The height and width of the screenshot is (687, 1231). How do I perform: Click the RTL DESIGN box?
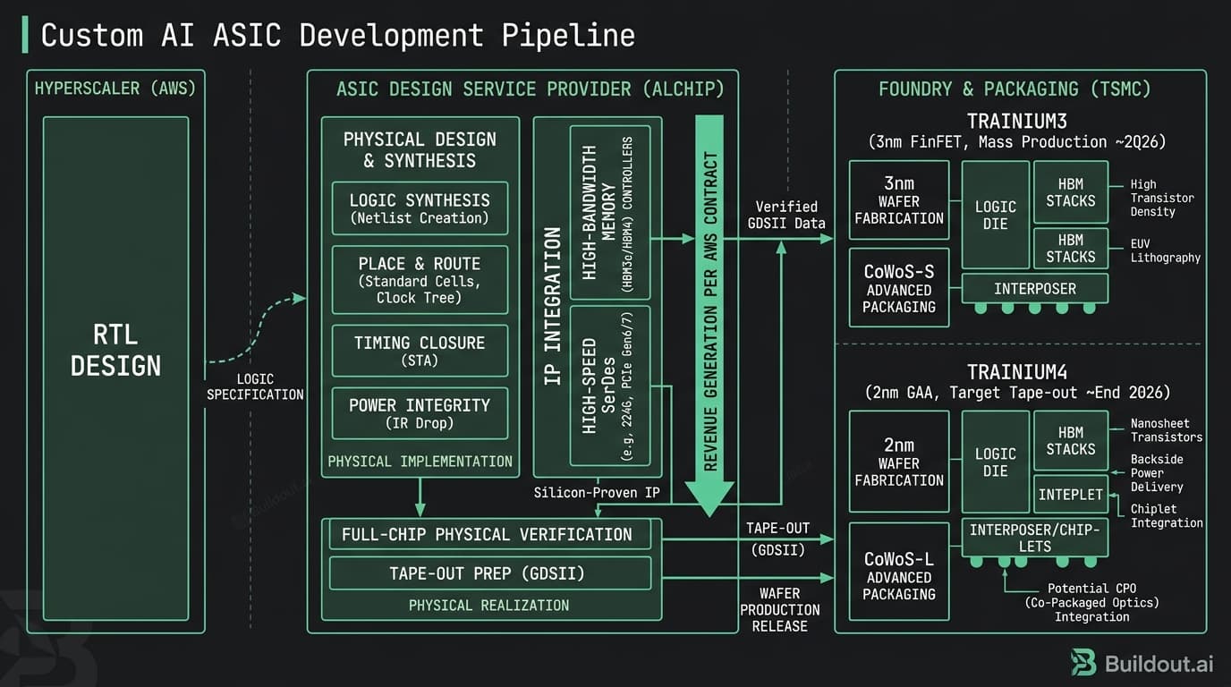pyautogui.click(x=115, y=351)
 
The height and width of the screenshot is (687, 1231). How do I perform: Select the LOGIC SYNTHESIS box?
pyautogui.click(x=420, y=208)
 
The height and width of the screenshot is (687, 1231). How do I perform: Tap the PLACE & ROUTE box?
pyautogui.click(x=420, y=280)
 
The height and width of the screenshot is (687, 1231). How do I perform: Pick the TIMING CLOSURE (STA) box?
pyautogui.click(x=420, y=350)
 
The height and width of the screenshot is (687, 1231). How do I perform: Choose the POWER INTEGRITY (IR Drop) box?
pyautogui.click(x=420, y=413)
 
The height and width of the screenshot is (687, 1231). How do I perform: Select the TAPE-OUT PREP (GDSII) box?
pyautogui.click(x=490, y=573)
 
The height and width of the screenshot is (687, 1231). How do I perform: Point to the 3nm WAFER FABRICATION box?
pyautogui.click(x=898, y=201)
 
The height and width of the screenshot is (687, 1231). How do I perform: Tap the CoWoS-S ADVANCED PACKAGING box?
pyautogui.click(x=898, y=288)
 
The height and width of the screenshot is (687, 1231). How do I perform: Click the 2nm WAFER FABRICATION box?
pyautogui.click(x=898, y=462)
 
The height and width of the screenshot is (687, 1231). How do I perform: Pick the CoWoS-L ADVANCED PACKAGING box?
pyautogui.click(x=898, y=576)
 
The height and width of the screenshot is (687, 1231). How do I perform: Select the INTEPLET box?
pyautogui.click(x=1070, y=495)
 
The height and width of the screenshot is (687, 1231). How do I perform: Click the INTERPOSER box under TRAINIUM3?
pyautogui.click(x=1034, y=289)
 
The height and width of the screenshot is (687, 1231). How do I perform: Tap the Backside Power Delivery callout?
pyautogui.click(x=1156, y=472)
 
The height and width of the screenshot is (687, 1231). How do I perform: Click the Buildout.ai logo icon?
pyautogui.click(x=1083, y=663)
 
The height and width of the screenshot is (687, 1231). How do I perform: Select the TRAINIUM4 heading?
pyautogui.click(x=1016, y=372)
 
